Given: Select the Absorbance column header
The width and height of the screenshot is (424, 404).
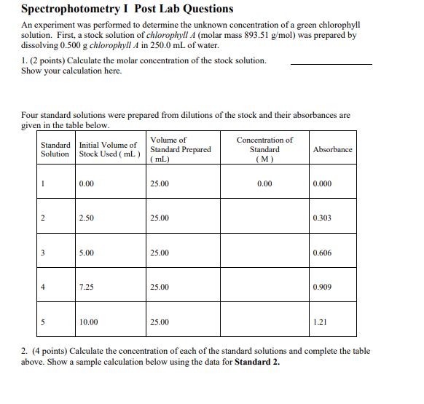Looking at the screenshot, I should click(332, 150).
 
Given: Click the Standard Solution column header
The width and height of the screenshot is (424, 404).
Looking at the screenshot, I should click(55, 150).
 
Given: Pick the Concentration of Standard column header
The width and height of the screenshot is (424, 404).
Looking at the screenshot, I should click(264, 150).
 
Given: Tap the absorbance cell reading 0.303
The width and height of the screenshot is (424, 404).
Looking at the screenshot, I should click(322, 218).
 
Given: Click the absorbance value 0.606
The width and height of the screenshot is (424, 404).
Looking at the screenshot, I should click(322, 253).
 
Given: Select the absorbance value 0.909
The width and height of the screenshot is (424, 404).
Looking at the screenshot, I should click(322, 287).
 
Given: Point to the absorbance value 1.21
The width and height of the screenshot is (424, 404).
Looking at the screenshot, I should click(320, 322).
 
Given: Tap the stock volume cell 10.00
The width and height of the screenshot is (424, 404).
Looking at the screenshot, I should click(88, 322).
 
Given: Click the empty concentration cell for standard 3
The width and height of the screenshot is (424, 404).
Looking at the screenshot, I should click(264, 253).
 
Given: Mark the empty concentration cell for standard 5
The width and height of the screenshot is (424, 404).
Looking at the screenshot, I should click(264, 322).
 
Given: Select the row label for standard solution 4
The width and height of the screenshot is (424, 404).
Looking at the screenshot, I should click(43, 287).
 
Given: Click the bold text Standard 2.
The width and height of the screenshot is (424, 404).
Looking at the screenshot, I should click(257, 362).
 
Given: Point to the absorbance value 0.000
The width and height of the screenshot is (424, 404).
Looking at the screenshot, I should click(322, 184).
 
